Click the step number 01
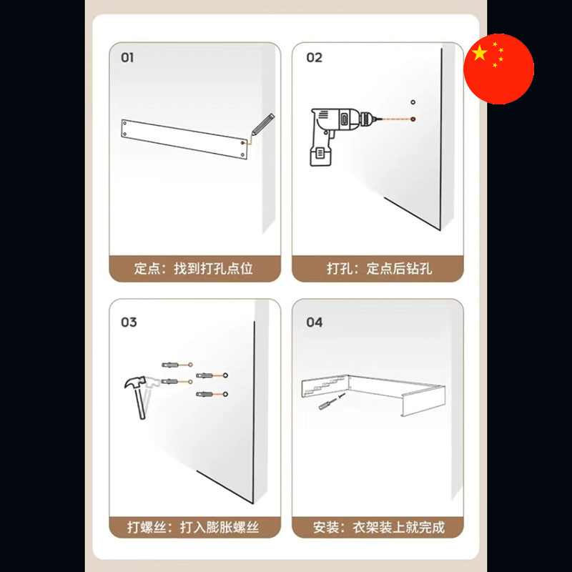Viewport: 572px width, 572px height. pyautogui.click(x=127, y=58)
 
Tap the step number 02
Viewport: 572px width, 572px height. pyautogui.click(x=314, y=58)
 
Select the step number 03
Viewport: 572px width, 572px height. pyautogui.click(x=129, y=322)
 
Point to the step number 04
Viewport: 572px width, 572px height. pyautogui.click(x=314, y=322)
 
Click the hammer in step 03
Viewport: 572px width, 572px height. pyautogui.click(x=137, y=397)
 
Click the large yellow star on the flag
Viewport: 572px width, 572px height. pyautogui.click(x=479, y=54)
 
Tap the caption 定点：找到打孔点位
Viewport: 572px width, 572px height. pyautogui.click(x=193, y=269)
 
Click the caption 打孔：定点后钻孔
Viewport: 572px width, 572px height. pyautogui.click(x=380, y=269)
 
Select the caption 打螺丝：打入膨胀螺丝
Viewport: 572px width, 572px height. pyautogui.click(x=193, y=527)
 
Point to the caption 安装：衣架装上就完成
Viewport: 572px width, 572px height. pyautogui.click(x=379, y=527)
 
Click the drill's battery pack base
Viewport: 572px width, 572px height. pyautogui.click(x=320, y=156)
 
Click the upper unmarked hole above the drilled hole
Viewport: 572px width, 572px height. pyautogui.click(x=413, y=102)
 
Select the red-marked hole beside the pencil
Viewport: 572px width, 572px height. pyautogui.click(x=243, y=143)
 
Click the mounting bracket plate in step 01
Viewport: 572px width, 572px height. pyautogui.click(x=184, y=139)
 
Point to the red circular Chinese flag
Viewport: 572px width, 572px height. pyautogui.click(x=498, y=69)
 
